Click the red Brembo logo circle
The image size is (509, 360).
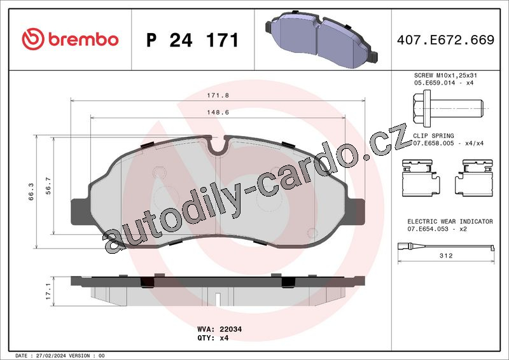pyautogui.click(x=33, y=39)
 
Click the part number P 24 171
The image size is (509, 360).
pyautogui.click(x=193, y=40)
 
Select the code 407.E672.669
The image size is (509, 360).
pyautogui.click(x=445, y=39)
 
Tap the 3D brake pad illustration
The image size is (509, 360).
pyautogui.click(x=321, y=39)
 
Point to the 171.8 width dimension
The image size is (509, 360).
pyautogui.click(x=218, y=95)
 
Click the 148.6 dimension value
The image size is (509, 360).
pyautogui.click(x=218, y=113)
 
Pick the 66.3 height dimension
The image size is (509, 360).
pyautogui.click(x=31, y=191)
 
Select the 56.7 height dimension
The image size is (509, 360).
pyautogui.click(x=48, y=186)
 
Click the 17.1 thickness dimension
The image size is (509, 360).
pyautogui.click(x=48, y=291)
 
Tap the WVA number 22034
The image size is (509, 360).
pyautogui.click(x=230, y=329)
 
